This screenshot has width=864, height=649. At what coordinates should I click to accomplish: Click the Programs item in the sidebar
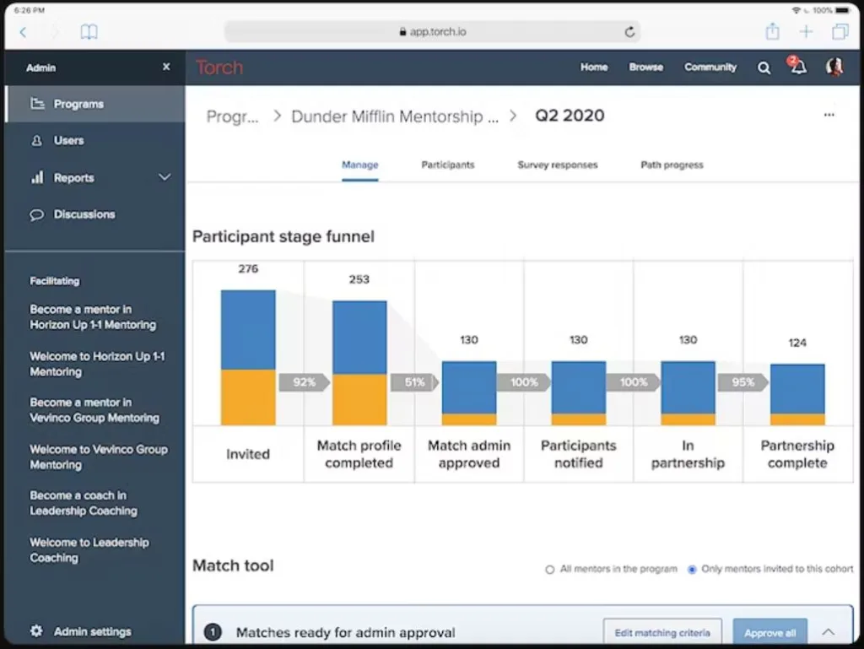(x=78, y=104)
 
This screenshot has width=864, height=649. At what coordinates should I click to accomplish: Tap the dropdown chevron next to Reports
(x=165, y=177)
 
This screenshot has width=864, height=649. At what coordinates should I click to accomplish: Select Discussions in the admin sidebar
(x=84, y=214)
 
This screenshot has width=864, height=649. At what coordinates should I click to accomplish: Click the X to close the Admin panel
(x=166, y=67)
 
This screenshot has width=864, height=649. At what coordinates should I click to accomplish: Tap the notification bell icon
(x=798, y=68)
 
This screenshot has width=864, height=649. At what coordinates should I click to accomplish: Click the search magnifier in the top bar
(x=764, y=68)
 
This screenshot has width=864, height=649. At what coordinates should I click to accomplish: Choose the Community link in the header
(x=710, y=68)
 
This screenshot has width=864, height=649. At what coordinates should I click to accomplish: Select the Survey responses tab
(x=557, y=165)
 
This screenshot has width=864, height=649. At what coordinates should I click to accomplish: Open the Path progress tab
(x=672, y=165)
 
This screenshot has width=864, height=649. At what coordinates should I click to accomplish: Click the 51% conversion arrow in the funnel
(x=414, y=382)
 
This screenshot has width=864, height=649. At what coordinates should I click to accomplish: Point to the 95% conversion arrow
(x=742, y=382)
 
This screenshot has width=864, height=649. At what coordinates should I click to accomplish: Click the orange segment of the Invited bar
(x=248, y=397)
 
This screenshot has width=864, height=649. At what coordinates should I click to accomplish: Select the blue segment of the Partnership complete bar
(x=797, y=388)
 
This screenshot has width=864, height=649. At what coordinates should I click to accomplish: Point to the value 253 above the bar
(x=359, y=279)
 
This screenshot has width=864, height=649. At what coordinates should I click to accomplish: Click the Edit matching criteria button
(x=662, y=633)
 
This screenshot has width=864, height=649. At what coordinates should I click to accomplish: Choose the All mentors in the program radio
(x=550, y=570)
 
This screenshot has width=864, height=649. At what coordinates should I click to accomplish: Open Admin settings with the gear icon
(x=36, y=631)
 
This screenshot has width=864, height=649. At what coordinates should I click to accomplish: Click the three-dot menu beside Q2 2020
(x=829, y=116)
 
